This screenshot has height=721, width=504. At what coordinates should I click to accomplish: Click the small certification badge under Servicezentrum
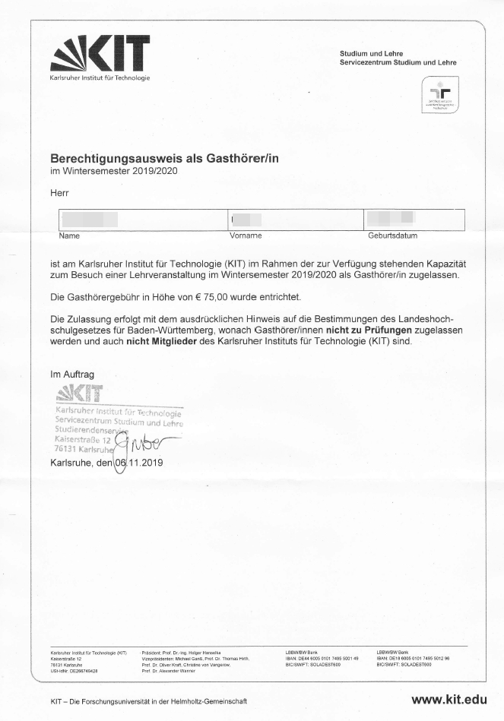pos(440,95)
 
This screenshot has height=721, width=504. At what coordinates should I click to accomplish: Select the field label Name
pos(69,236)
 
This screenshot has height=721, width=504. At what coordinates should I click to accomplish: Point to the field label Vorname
pos(246,236)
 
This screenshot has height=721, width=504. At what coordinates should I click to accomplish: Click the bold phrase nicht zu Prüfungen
pos(369,331)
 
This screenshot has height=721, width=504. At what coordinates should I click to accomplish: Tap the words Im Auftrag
pos(72,375)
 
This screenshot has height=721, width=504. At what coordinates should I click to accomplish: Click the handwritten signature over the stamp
pos(141,448)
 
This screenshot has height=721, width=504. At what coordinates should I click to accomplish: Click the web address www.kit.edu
pos(449,700)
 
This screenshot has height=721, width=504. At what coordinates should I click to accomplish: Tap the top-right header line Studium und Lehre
pos(372,53)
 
